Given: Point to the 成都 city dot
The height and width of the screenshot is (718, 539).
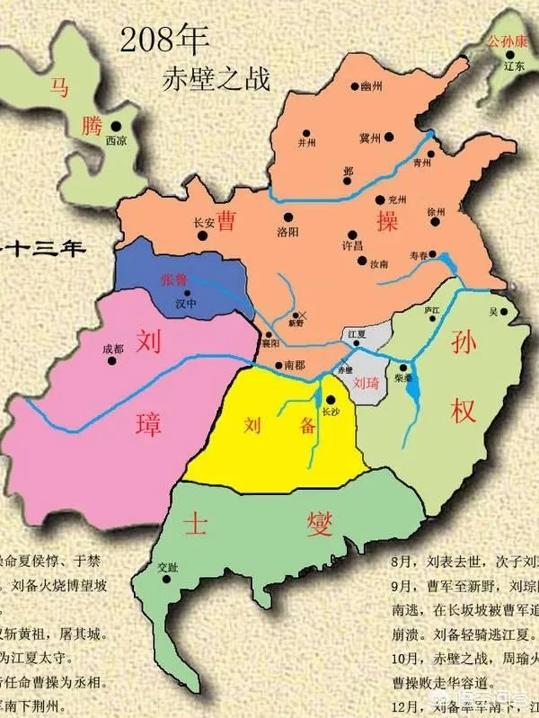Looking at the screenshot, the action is click(x=112, y=361).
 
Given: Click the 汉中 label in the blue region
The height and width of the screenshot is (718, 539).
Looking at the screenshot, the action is click(x=186, y=305).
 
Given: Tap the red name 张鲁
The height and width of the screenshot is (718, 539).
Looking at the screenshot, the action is click(x=174, y=279).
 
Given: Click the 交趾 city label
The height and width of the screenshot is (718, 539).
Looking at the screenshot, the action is click(x=168, y=567).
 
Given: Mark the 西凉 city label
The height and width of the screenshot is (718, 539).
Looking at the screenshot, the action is click(x=117, y=140).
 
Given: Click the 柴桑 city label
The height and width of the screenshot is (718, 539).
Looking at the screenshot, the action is click(x=402, y=380).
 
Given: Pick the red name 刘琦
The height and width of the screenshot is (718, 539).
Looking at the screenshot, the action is click(x=366, y=382).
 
